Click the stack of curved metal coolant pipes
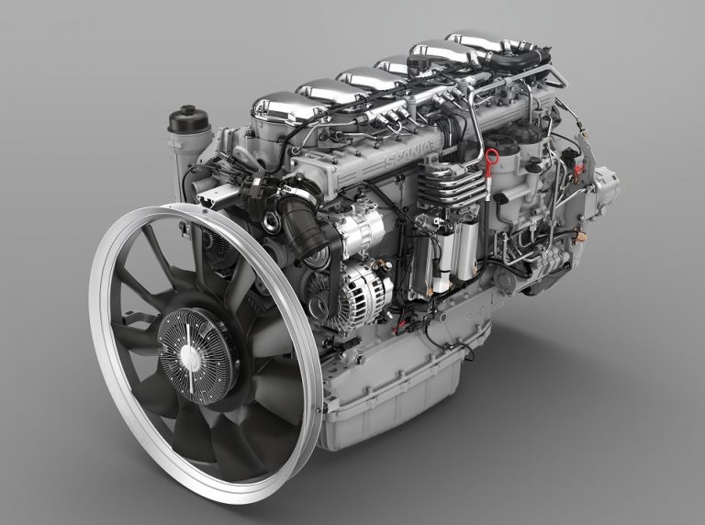tap(449, 188)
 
